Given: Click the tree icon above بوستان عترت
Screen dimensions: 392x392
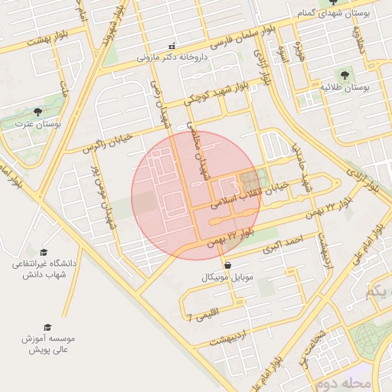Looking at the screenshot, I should click(x=38, y=112).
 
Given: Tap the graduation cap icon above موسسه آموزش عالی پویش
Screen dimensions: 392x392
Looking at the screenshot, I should click(x=48, y=327).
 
